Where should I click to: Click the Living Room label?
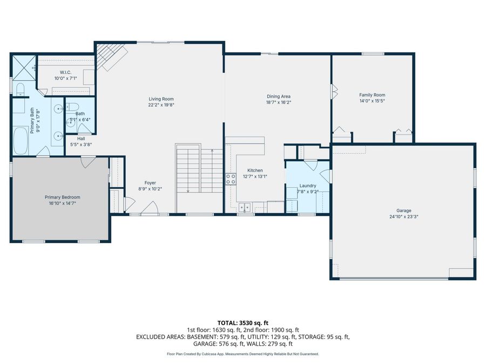tap(161, 99)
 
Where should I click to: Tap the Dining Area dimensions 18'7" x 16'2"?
tap(278, 102)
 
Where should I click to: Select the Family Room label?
tap(372, 94)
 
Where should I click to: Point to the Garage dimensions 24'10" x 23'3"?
tap(403, 217)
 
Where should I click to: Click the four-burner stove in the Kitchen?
tap(231, 178)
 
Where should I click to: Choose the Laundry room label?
tap(308, 186)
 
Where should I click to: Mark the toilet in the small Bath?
tap(74, 106)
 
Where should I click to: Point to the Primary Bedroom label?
tap(62, 197)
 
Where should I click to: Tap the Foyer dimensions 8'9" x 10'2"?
tap(150, 189)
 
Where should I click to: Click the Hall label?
tap(77, 138)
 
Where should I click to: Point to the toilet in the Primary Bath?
tap(20, 88)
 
